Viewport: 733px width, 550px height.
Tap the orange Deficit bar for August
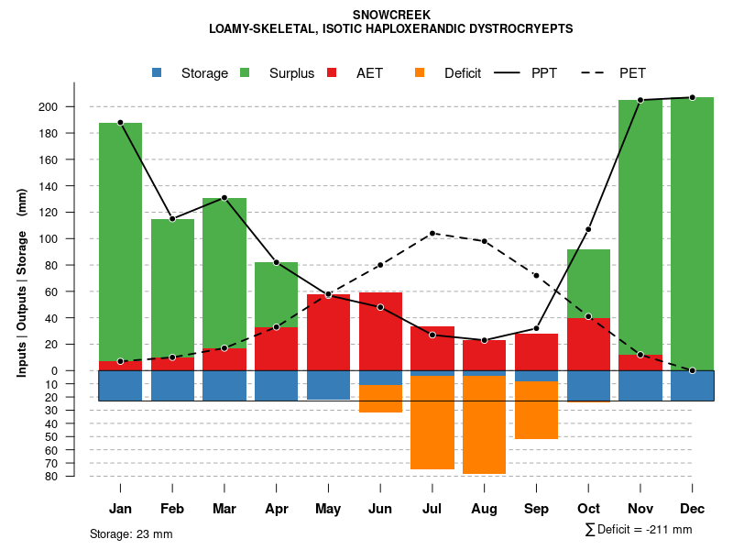click(x=484, y=424)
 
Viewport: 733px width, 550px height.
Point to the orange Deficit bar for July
click(x=432, y=422)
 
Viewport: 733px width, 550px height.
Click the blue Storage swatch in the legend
click(x=157, y=73)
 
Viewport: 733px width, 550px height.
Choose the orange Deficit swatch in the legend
click(x=420, y=73)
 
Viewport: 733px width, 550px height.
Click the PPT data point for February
click(x=172, y=219)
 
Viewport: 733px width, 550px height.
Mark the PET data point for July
click(x=432, y=233)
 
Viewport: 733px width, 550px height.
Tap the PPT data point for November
click(x=640, y=100)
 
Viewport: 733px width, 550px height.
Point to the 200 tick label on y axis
click(x=73, y=107)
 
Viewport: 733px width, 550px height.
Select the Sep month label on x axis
click(x=536, y=509)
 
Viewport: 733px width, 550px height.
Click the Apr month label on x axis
click(x=276, y=509)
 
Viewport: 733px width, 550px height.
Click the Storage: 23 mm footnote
click(x=131, y=533)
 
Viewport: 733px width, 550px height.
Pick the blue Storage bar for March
click(x=224, y=386)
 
